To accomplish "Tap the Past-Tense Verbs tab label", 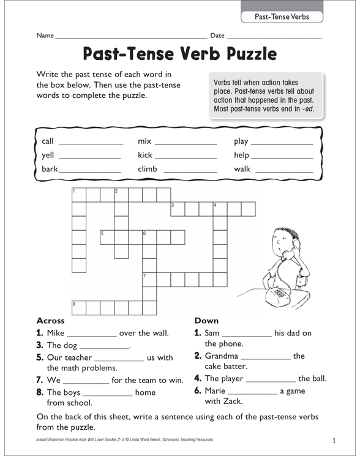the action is (282, 17).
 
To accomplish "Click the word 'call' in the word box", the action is (48, 141).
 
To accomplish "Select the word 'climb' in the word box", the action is (148, 169).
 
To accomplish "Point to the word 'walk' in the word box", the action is (242, 169).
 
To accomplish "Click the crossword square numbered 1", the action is (79, 195).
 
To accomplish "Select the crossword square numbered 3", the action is (178, 209).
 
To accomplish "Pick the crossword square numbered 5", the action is (107, 237).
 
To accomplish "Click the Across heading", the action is (51, 321).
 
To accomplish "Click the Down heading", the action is (206, 321).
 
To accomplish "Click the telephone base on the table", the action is (281, 294).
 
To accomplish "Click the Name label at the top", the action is (45, 36).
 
